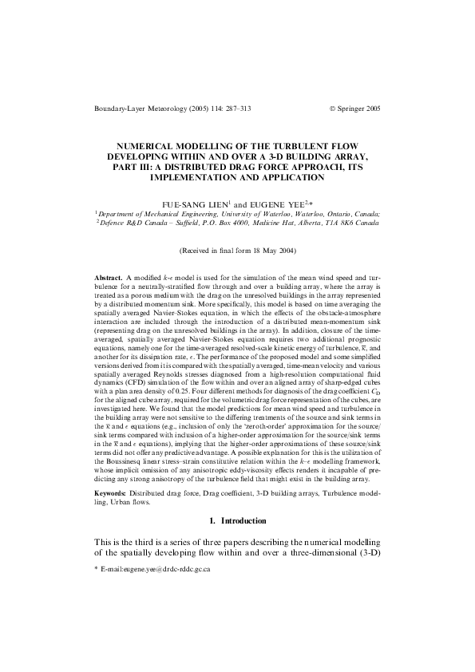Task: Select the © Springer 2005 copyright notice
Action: pos(355,107)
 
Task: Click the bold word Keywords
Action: pos(112,496)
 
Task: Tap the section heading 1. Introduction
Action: pos(237,522)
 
